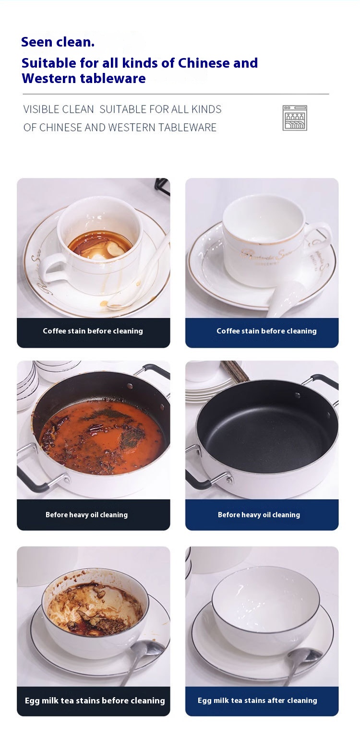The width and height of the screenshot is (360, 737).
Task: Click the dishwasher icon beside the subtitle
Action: click(x=295, y=118)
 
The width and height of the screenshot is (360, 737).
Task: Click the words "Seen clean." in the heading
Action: click(x=58, y=42)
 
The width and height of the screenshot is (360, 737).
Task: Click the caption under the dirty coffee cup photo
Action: click(x=93, y=331)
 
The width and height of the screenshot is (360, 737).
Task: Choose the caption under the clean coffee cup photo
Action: click(x=266, y=331)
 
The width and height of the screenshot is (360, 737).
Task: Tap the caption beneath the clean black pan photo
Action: click(x=259, y=515)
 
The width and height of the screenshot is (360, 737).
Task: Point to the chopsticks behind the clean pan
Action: click(x=235, y=370)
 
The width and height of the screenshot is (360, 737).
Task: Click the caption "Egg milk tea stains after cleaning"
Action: click(x=257, y=701)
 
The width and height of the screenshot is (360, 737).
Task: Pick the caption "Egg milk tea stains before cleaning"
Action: click(x=95, y=701)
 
